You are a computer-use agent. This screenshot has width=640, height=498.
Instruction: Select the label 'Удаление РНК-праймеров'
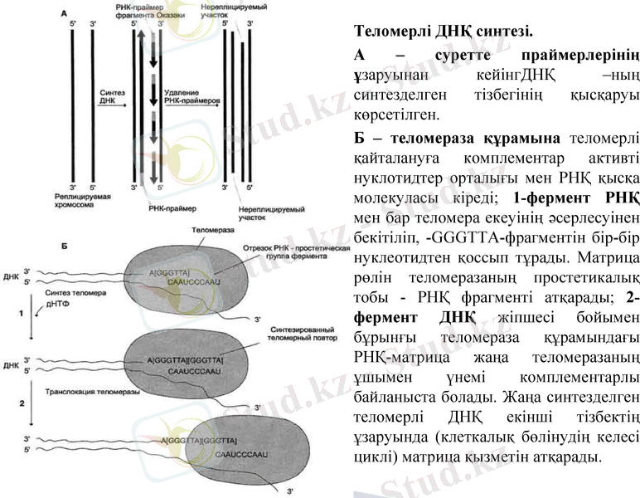[192, 96]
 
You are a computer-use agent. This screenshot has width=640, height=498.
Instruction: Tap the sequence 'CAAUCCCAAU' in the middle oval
[190, 373]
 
